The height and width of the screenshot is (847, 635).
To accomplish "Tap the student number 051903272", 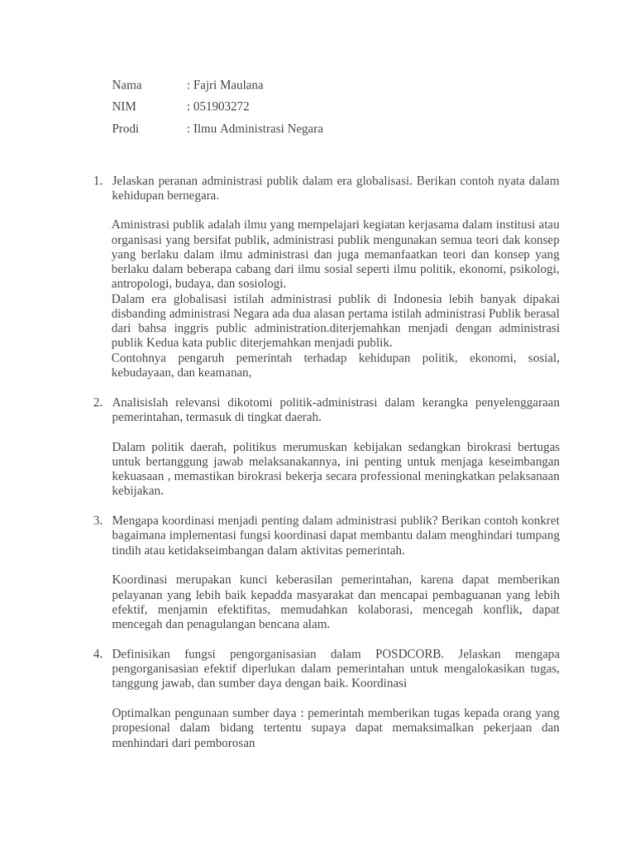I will click(221, 107).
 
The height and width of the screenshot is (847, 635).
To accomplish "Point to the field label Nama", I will click(127, 85).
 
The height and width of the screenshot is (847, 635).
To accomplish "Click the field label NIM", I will click(124, 107).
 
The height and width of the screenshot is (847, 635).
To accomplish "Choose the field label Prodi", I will click(126, 128).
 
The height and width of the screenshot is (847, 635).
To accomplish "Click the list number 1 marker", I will click(97, 181).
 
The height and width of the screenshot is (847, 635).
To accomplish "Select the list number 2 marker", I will click(97, 403).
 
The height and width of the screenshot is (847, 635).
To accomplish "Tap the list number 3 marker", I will click(97, 521).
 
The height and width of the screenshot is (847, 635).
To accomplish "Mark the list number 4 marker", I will click(97, 654).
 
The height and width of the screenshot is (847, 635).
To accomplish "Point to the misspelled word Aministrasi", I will click(141, 225).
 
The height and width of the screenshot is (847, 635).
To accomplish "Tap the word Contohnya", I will click(140, 358).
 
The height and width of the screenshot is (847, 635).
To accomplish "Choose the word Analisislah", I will click(144, 403).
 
